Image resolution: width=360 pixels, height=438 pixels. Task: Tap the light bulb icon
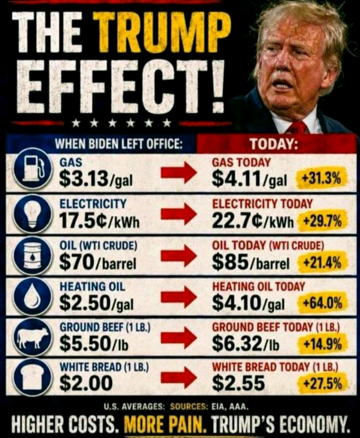(x=33, y=214)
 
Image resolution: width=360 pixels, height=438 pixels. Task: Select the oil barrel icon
(x=33, y=255)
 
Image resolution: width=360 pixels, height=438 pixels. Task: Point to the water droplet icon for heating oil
(x=33, y=296)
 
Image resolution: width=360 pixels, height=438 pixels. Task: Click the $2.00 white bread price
(x=86, y=383)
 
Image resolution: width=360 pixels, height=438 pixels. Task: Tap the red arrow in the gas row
(x=179, y=173)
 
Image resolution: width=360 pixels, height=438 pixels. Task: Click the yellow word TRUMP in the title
(x=162, y=33)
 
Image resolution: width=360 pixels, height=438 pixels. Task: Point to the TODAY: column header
(x=274, y=144)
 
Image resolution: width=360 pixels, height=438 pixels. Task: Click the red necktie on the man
(x=297, y=127)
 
